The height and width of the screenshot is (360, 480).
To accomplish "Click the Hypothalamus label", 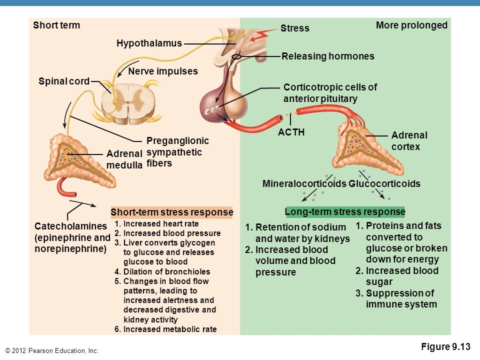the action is point(149,43).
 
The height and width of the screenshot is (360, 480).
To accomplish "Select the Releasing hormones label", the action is point(328,56).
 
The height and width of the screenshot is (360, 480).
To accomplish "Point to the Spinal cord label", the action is point(64,81).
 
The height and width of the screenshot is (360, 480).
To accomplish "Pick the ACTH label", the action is point(291,132).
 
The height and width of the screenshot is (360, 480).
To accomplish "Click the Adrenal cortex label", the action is point(409,141).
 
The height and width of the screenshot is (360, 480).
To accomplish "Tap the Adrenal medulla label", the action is point(124,159).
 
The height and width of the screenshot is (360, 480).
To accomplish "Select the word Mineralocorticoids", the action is point(304,183).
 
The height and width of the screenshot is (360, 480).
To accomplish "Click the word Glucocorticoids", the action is point(384,183).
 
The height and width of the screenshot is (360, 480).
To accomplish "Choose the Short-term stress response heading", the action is point(171,212).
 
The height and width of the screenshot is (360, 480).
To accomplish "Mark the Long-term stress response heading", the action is point(345,211).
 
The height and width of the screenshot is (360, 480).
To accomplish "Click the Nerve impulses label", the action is point(163,71).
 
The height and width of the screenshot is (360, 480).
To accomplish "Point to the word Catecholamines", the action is point(70,226).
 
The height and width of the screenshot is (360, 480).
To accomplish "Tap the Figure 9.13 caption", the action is point(445,346).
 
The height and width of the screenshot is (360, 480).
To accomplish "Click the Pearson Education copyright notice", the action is point(51,351).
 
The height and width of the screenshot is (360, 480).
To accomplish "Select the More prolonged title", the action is point(411,25).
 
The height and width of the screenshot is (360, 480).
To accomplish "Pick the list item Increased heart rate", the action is point(156,224).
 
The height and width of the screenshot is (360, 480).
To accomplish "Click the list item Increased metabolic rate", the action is point(165,329).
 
